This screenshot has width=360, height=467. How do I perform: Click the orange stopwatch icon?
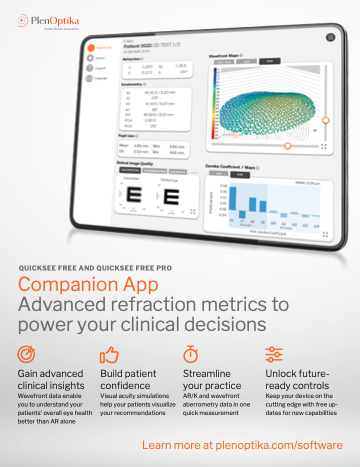tap(189, 353)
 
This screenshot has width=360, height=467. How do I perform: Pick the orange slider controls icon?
tap(272, 353)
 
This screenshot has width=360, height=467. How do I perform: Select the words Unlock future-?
tap(299, 374)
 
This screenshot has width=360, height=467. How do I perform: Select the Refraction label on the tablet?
tap(104, 59)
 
